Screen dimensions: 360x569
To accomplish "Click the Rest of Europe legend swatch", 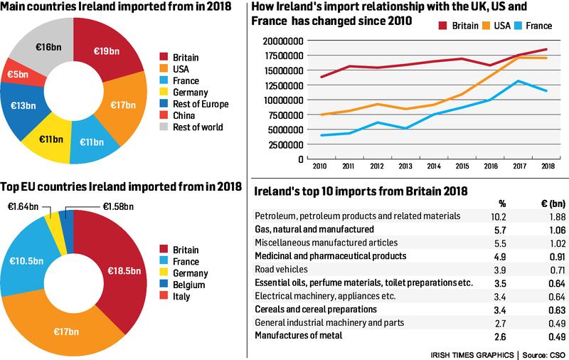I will [164, 104].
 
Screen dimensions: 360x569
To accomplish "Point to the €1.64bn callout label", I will [23, 208].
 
